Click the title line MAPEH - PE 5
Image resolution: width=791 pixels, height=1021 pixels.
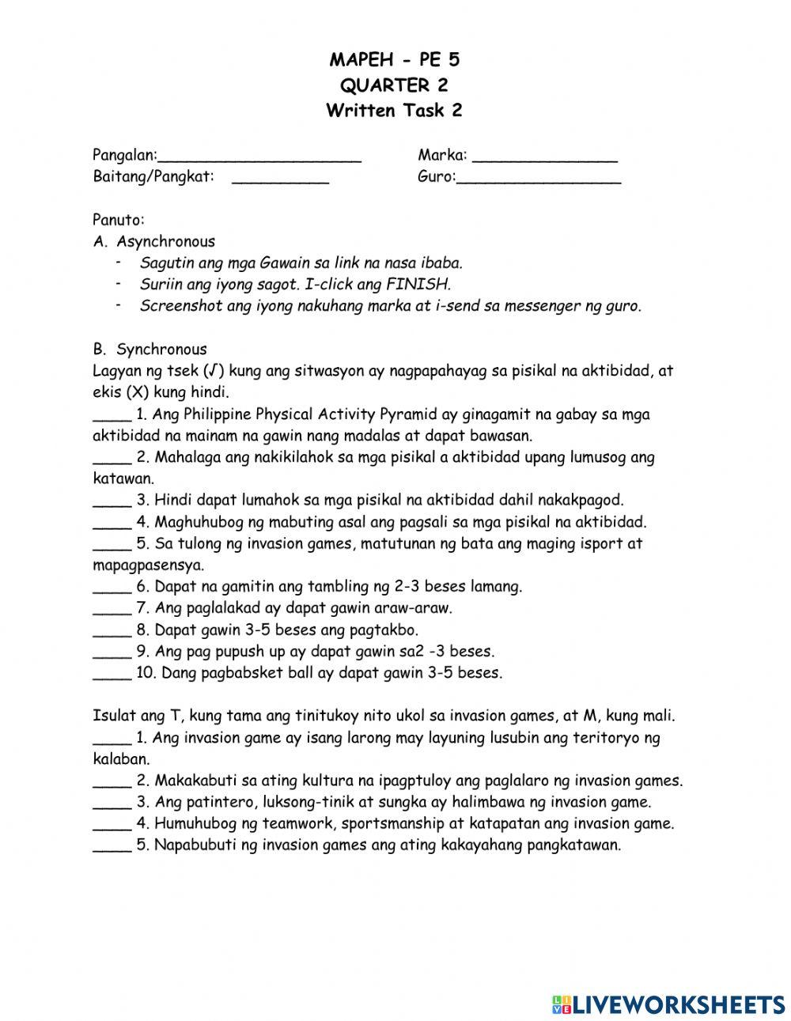click(394, 60)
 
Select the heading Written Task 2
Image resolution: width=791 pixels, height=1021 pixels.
click(394, 111)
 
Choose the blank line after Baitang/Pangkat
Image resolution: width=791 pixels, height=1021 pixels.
click(280, 179)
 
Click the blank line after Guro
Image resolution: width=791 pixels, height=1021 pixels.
click(539, 179)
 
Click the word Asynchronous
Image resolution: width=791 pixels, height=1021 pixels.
click(165, 242)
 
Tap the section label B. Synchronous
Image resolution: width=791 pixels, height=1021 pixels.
click(149, 350)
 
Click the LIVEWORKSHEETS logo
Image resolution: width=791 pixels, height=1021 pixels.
click(668, 1004)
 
